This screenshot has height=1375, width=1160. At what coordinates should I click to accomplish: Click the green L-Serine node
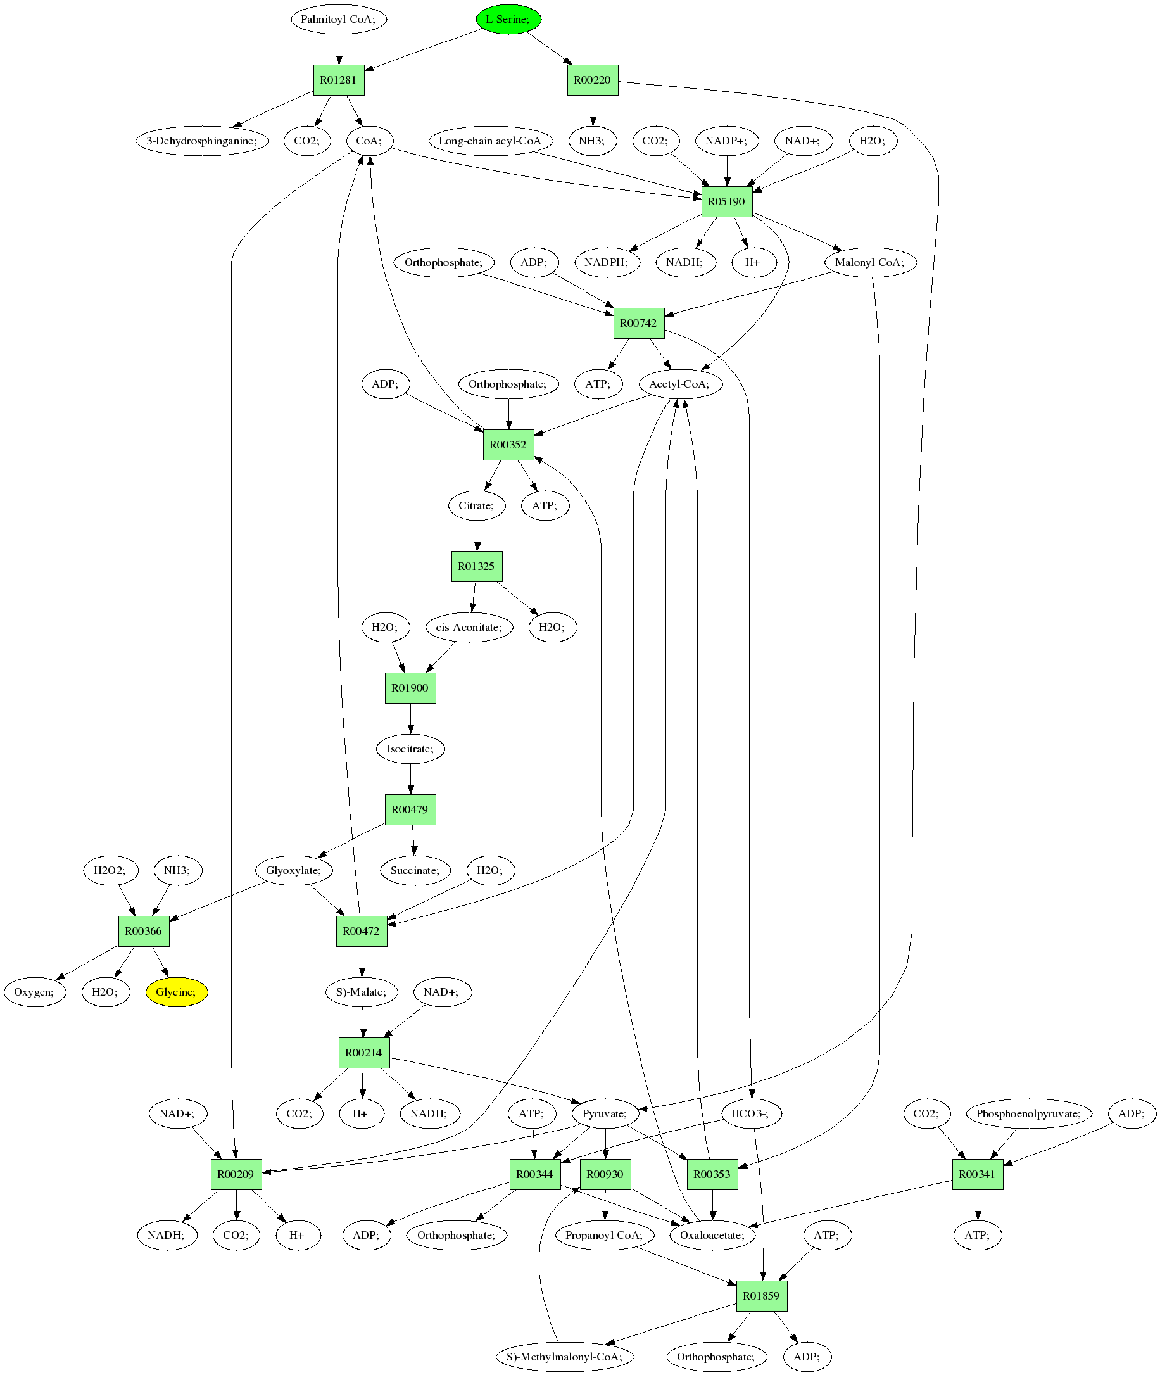[508, 19]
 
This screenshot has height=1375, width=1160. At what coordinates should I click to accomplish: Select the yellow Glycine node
[176, 992]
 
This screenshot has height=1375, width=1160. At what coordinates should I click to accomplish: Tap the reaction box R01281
[338, 80]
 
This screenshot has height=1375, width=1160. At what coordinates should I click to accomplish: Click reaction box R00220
[593, 80]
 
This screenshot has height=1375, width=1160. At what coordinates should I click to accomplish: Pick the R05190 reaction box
[727, 201]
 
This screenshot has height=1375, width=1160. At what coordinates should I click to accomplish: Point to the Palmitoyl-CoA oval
[338, 19]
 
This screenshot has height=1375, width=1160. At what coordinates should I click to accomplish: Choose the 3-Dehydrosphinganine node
[202, 141]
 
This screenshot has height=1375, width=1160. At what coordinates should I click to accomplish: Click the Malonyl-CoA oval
[870, 262]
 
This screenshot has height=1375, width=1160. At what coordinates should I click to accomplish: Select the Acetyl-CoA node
[680, 384]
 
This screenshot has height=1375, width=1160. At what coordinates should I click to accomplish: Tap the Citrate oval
[477, 505]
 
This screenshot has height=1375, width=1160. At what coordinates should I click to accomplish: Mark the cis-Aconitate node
[469, 627]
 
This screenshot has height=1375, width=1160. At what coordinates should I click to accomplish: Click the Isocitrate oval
[410, 749]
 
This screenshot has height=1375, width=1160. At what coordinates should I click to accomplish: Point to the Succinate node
[415, 871]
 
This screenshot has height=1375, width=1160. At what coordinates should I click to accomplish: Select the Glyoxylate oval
[294, 871]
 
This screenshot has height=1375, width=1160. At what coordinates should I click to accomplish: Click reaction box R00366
[143, 931]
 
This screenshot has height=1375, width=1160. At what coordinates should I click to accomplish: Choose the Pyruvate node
[605, 1113]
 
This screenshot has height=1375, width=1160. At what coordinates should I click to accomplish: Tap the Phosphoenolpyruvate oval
[1028, 1113]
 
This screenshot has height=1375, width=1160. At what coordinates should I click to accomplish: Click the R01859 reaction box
[761, 1295]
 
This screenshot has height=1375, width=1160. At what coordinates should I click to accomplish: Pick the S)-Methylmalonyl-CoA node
[564, 1357]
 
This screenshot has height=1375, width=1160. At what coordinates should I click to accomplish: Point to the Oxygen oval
[35, 992]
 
